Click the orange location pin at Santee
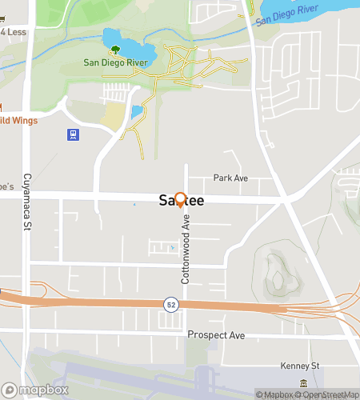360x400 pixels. click(180, 199)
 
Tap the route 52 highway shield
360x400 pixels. click(170, 304)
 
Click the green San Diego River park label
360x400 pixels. click(111, 62)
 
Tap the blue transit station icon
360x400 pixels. click(73, 134)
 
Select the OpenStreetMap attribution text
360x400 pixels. click(329, 394)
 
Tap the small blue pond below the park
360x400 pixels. click(136, 111)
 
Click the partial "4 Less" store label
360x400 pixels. click(14, 32)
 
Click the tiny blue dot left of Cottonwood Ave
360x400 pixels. click(173, 248)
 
